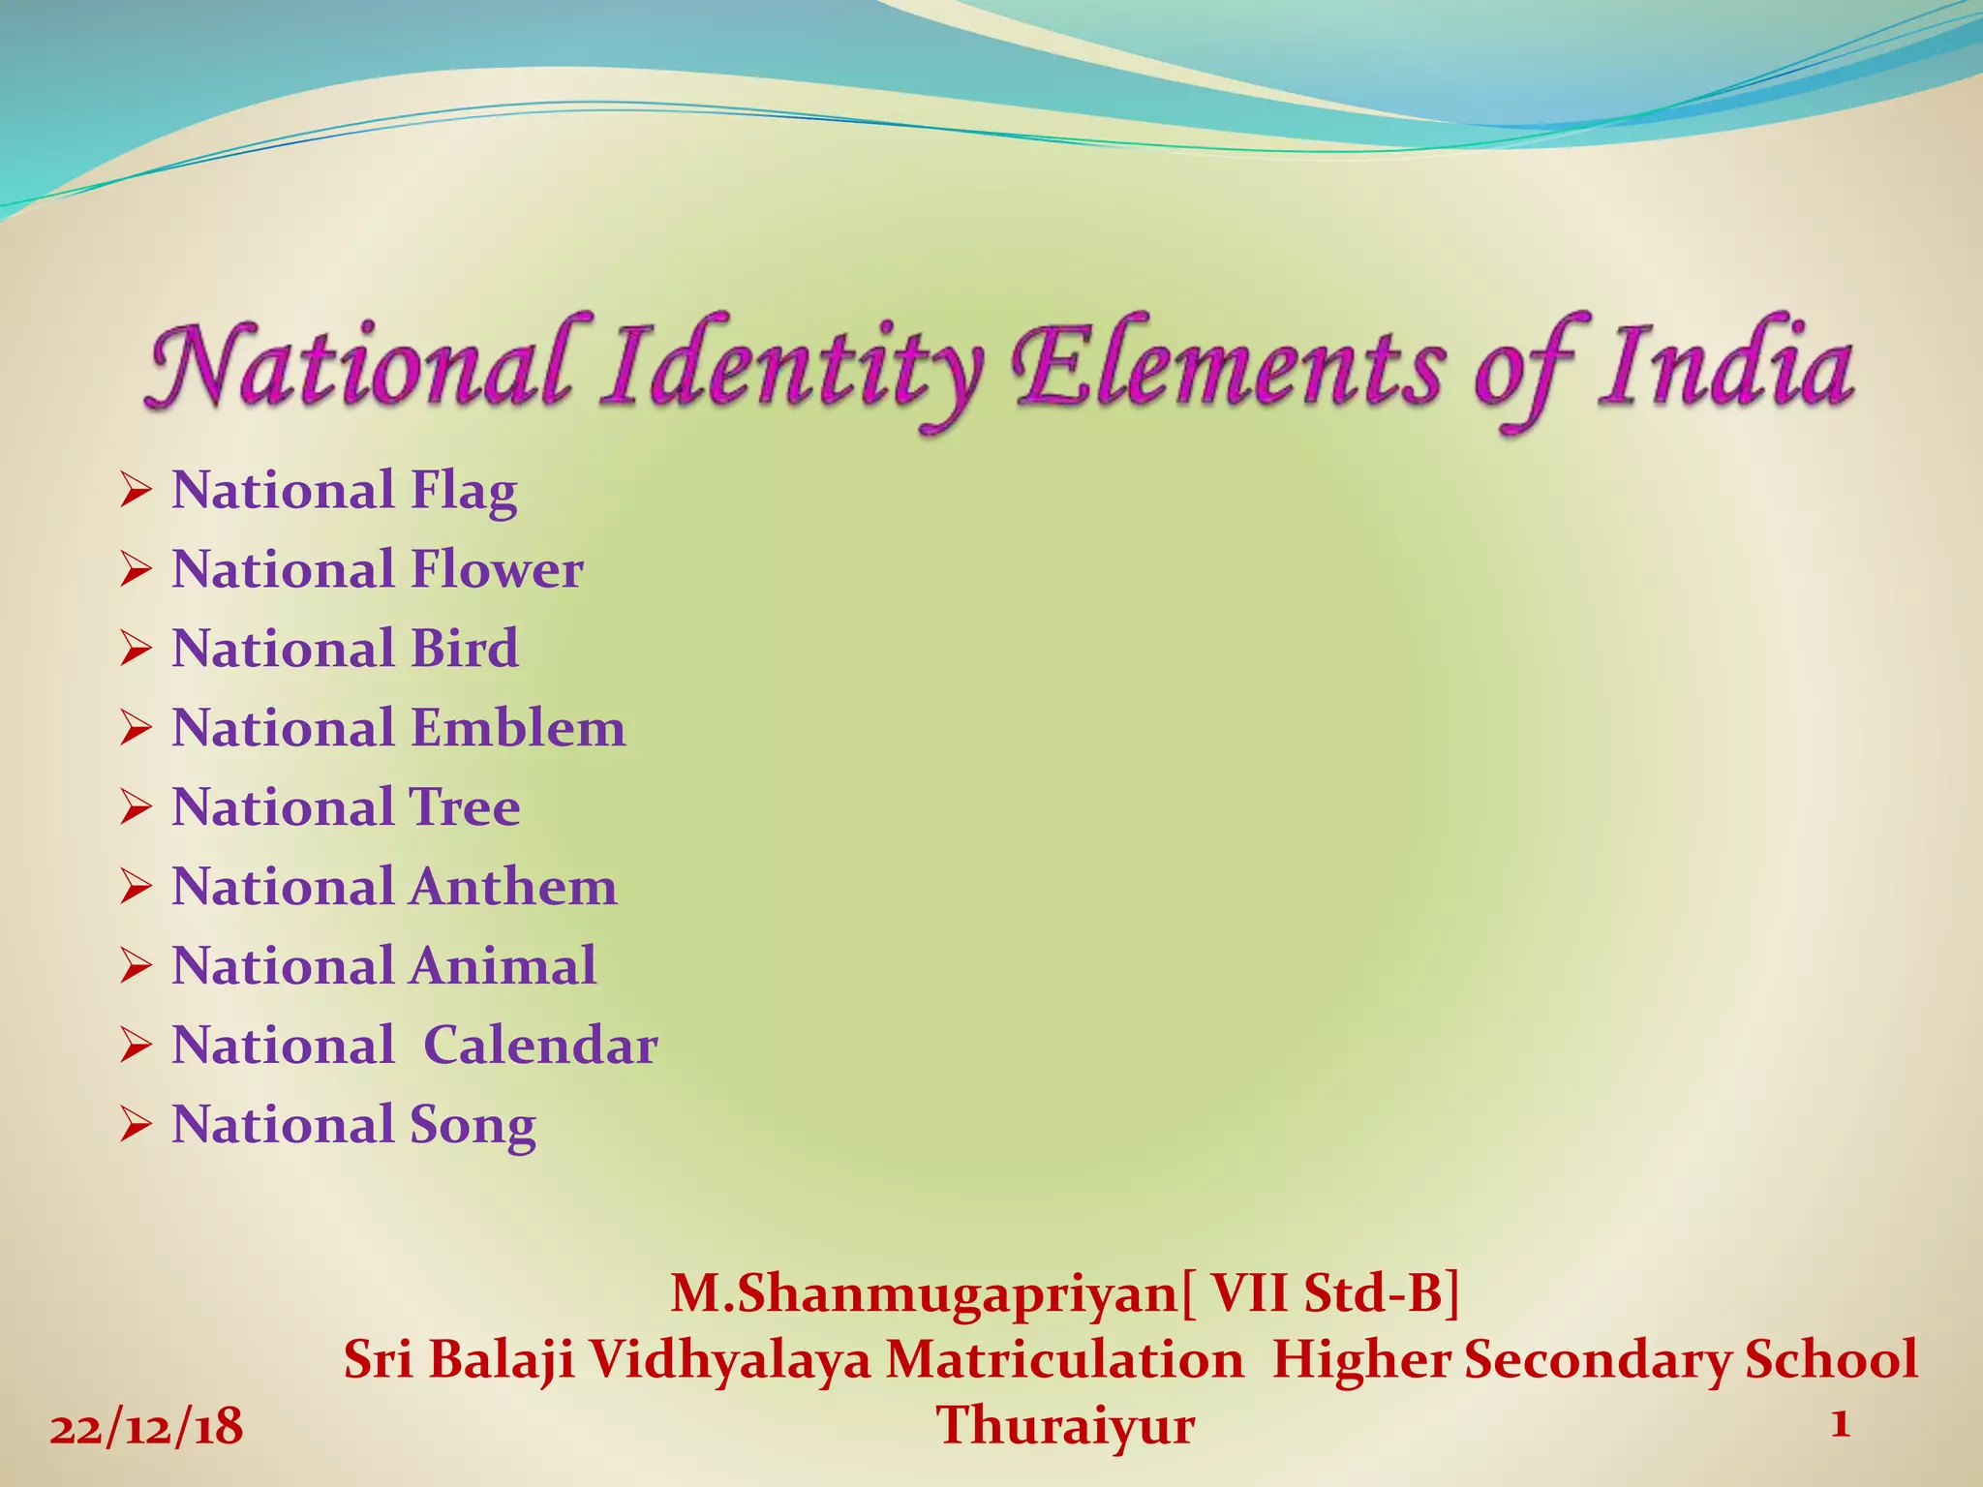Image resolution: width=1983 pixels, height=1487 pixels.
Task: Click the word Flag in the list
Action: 464,492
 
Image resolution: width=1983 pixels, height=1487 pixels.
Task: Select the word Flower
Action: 497,569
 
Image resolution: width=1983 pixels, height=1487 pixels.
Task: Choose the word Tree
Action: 465,807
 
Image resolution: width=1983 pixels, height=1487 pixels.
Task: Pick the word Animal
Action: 503,966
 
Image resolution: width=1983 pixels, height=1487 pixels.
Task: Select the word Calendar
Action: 541,1046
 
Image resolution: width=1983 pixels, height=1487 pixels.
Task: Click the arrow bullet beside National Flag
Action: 136,492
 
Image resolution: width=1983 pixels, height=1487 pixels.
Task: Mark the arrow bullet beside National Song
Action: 136,1126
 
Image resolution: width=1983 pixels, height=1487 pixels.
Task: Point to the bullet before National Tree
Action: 136,807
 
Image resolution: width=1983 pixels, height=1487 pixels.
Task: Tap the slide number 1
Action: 1841,1423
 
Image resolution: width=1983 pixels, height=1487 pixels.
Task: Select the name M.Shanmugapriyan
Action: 923,1293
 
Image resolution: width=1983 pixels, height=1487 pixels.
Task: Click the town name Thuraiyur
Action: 1065,1426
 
